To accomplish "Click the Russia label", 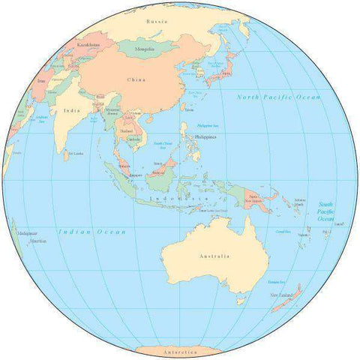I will click(x=157, y=21).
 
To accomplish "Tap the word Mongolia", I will click(x=144, y=49).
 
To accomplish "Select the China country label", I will click(x=136, y=79).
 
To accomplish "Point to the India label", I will click(x=72, y=111).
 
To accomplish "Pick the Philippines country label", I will click(x=204, y=137).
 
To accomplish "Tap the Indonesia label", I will click(x=178, y=198).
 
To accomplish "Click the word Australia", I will click(x=215, y=256).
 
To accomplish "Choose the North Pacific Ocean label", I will click(x=278, y=97).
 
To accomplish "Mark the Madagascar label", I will click(x=28, y=234).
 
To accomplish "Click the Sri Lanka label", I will click(x=75, y=154).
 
